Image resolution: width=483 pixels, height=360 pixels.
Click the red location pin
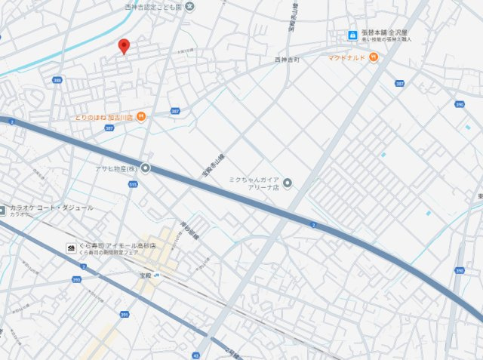[124, 46]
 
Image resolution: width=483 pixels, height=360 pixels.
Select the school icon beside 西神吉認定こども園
[189, 7]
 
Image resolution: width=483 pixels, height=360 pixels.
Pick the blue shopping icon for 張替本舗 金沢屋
[352, 35]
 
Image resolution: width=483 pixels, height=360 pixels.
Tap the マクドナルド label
[346, 57]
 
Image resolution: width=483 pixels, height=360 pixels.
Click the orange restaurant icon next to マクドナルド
[373, 57]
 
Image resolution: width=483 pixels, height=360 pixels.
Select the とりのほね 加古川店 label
[103, 117]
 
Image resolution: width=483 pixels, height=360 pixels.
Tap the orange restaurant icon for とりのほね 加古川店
[142, 117]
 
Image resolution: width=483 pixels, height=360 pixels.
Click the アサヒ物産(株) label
[115, 168]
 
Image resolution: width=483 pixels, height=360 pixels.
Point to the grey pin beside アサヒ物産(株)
[144, 168]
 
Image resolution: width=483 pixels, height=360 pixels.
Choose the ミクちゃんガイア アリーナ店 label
[254, 183]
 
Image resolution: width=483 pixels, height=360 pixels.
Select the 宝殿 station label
[146, 275]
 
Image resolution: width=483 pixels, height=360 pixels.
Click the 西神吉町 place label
[287, 58]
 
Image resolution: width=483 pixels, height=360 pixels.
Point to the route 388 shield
[57, 80]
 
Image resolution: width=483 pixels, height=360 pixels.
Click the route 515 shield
[134, 184]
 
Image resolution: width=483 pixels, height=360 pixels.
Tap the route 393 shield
[76, 279]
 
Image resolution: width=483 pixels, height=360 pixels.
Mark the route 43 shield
[196, 355]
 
